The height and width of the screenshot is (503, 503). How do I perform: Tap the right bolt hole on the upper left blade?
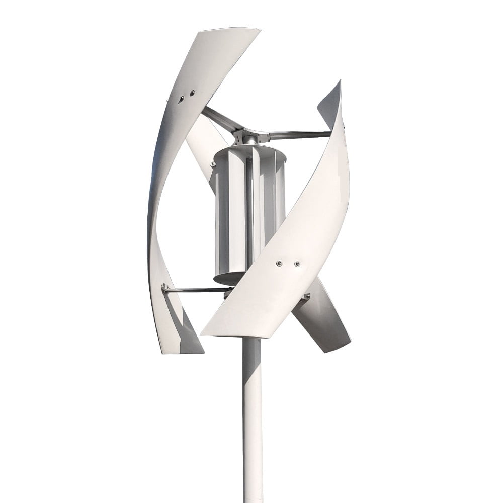[192, 93]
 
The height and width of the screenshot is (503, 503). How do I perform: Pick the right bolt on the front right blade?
[297, 263]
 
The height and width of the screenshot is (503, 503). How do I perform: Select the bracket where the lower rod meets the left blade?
[164, 288]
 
